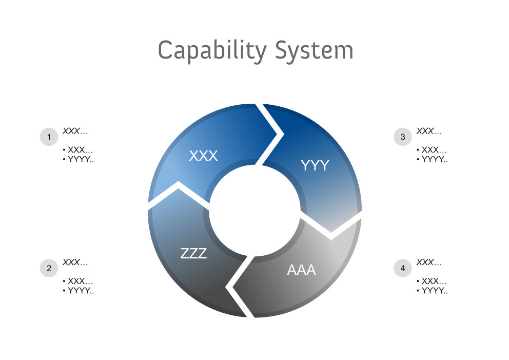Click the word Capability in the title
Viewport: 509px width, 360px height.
coord(212,51)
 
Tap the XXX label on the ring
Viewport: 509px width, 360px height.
coord(203,156)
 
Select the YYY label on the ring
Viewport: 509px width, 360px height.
coord(315,165)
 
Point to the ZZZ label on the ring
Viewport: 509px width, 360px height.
coord(193,253)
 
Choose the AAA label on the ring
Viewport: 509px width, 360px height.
coord(301,270)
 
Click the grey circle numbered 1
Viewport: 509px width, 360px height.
coord(49,137)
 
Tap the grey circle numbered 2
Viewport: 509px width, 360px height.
coord(49,268)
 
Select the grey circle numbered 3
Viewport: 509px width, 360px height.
coord(403,137)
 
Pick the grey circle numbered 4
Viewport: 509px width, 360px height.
coord(403,268)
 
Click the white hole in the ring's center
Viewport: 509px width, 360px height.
coord(254,210)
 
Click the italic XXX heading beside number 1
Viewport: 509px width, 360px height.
coord(75,131)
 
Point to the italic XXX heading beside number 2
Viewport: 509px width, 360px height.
coord(75,262)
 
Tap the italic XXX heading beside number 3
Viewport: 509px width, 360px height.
coord(429,131)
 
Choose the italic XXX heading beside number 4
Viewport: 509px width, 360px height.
coord(429,262)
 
